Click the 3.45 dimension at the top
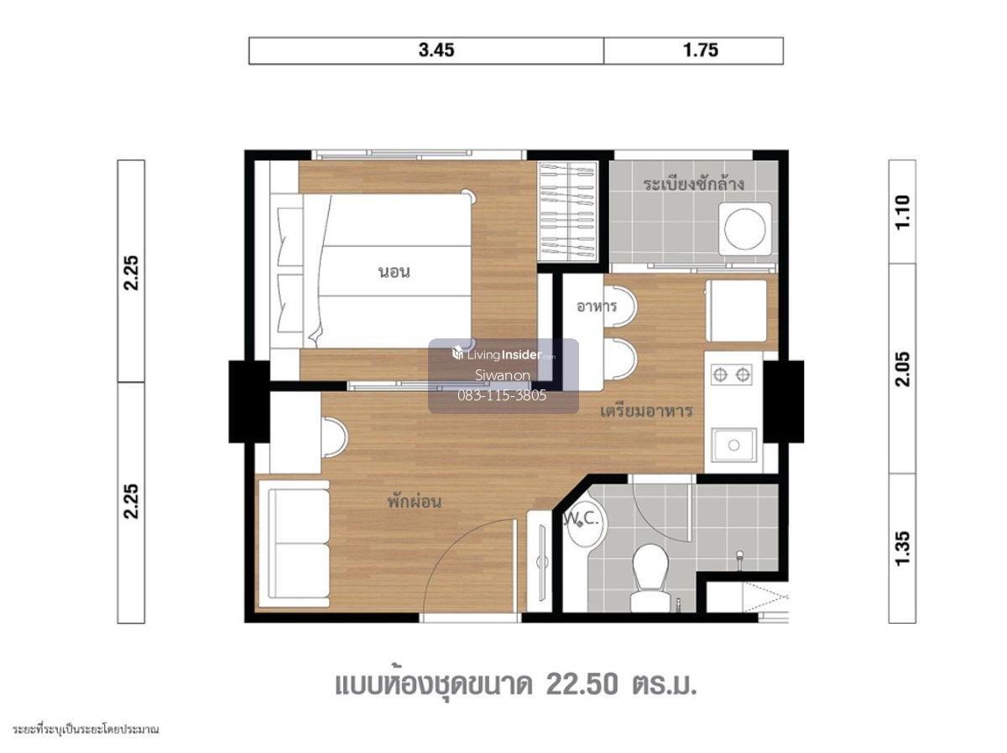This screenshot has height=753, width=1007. coord(436,50)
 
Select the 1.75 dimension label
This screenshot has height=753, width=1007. coord(700,50)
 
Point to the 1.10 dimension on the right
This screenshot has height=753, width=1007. coord(902,212)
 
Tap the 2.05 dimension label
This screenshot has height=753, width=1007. coord(902,369)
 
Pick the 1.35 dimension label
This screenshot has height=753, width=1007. coord(902,548)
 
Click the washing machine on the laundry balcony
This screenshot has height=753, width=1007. coord(744,228)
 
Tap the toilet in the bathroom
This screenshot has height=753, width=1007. coord(650,578)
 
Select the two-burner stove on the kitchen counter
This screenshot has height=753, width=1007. coord(731,374)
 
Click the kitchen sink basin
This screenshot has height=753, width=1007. coord(733,445)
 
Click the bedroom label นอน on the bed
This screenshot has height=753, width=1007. coord(394,272)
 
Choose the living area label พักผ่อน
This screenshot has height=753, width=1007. coord(414,501)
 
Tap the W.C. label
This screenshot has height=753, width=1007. coord(582,519)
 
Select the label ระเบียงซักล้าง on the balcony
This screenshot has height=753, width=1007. coord(693,185)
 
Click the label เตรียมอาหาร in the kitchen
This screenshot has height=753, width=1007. coord(646,410)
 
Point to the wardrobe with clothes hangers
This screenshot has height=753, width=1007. coord(567,212)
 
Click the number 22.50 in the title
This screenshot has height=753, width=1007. coord(582,685)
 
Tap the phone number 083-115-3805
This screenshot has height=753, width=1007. coord(502,395)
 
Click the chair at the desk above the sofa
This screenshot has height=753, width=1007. coord(333,437)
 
